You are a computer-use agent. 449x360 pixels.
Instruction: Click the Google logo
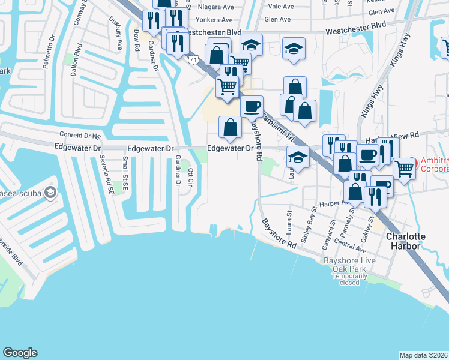coord(20,353)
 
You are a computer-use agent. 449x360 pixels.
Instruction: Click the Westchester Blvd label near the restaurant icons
coord(212,32)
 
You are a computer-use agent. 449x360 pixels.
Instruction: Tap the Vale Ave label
coord(282,7)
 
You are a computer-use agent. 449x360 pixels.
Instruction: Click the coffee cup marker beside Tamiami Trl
coord(252,106)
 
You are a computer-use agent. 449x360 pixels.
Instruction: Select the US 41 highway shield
coord(192,60)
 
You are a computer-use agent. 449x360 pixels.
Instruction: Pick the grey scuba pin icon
coord(50,192)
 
